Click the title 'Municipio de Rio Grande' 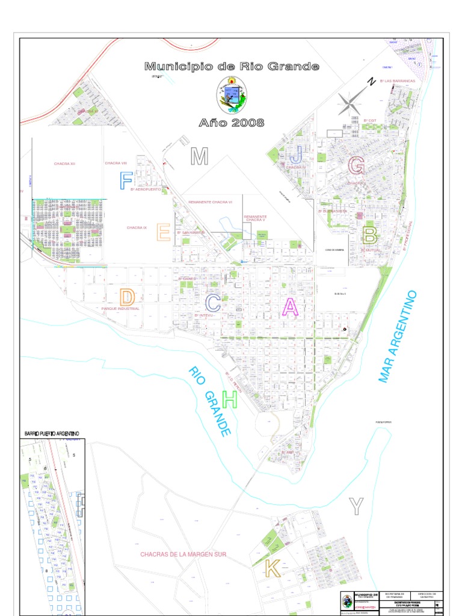click(x=232, y=66)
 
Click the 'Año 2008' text click(x=232, y=123)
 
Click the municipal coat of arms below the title click(x=232, y=95)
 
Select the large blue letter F click(x=126, y=180)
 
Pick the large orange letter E click(x=164, y=232)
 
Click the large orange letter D click(x=127, y=297)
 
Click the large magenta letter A click(x=291, y=307)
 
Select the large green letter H click(x=230, y=399)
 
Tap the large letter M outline click(x=199, y=156)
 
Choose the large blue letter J click(x=296, y=153)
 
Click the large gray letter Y click(x=357, y=507)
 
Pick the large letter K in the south click(x=273, y=568)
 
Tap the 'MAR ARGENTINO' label click(x=398, y=337)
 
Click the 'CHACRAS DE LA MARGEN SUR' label click(x=183, y=554)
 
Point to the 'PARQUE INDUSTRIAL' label click(x=120, y=309)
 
